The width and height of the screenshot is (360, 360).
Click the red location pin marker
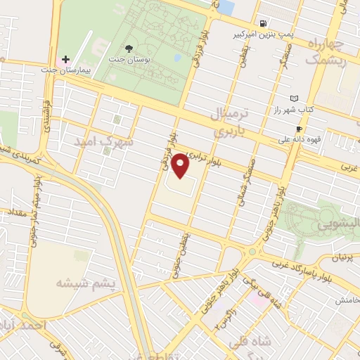(x=181, y=166)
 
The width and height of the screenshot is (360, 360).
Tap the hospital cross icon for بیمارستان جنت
(x=66, y=59)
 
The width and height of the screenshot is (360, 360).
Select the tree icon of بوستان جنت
(x=129, y=48)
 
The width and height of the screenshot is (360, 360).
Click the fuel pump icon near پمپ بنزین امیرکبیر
(x=263, y=22)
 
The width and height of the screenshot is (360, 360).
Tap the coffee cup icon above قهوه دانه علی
(x=299, y=129)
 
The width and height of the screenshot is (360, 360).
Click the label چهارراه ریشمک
(x=324, y=53)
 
